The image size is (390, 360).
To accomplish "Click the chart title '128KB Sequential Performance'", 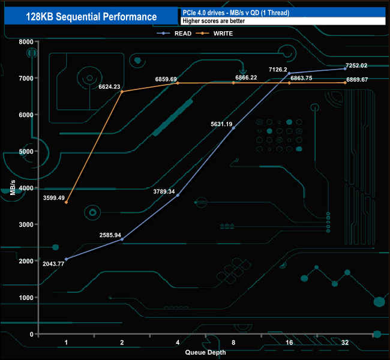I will [92, 17].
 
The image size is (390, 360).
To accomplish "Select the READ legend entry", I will [176, 33].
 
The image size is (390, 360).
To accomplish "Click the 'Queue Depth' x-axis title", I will [205, 352].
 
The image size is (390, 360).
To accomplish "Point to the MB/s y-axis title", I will [13, 188].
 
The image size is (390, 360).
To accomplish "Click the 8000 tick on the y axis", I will [25, 41].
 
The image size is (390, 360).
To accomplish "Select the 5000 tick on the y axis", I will [25, 151].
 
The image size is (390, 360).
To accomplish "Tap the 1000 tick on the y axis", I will [25, 298].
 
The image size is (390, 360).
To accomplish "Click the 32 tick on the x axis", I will [345, 342].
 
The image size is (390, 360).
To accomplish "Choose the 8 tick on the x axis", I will [233, 342].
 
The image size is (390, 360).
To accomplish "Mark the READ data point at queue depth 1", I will [66, 259].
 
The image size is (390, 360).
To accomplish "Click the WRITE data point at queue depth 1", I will [66, 202].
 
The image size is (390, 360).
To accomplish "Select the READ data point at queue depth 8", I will [233, 128].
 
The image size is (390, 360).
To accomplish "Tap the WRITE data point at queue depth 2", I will [122, 92].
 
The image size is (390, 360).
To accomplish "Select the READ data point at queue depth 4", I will [178, 196].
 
